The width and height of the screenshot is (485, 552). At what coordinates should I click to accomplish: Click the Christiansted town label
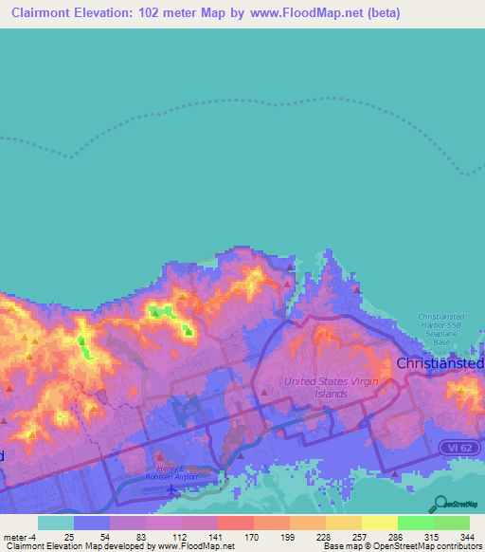(440, 363)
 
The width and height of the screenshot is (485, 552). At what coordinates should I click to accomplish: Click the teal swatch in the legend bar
(55, 523)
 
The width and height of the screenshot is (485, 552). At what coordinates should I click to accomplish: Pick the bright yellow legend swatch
(379, 523)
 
